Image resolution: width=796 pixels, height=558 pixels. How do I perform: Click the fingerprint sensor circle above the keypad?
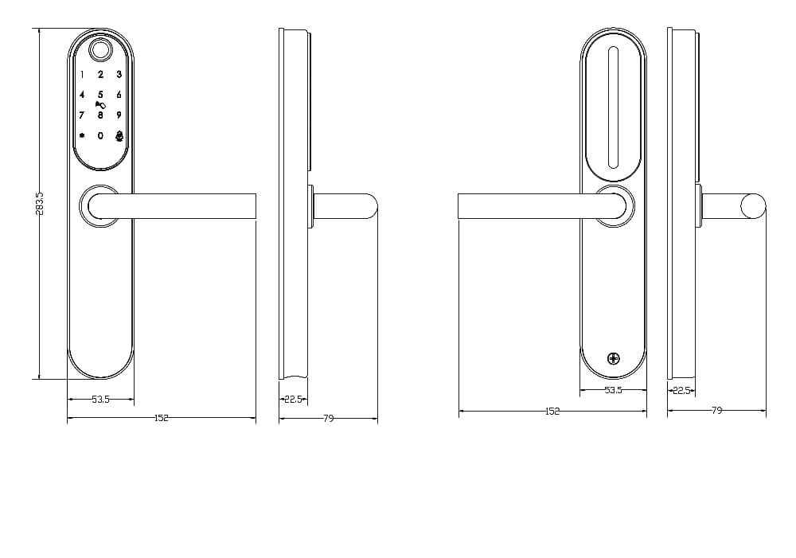100,50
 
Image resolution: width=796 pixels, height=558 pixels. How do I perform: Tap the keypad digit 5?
100,95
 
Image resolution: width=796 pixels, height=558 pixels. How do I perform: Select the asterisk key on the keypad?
82,135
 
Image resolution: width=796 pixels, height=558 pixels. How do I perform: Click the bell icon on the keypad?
119,135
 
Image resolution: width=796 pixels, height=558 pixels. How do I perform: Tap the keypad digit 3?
119,74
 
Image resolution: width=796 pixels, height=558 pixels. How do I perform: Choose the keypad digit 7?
81,115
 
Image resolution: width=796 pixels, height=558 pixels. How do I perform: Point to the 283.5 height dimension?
41,203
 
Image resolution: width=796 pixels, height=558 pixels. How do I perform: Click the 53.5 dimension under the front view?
100,400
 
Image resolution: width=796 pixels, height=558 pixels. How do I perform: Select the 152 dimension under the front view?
162,418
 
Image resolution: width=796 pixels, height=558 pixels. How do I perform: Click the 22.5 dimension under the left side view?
294,400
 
